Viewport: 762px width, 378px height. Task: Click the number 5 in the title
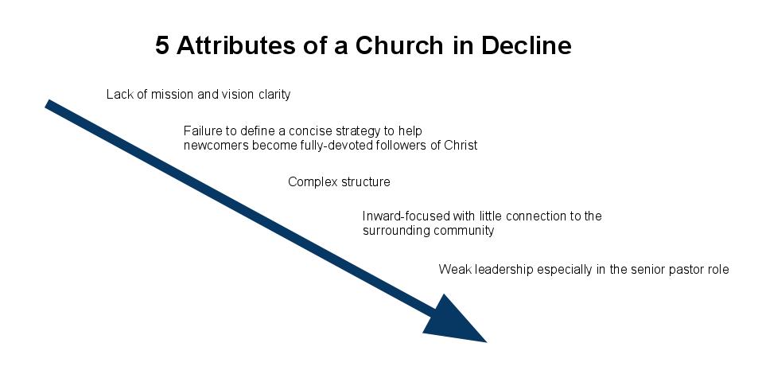[x=162, y=45]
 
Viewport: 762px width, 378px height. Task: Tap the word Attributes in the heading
[x=235, y=45]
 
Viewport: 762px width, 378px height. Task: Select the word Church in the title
[x=399, y=45]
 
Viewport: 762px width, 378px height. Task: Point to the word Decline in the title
[x=527, y=45]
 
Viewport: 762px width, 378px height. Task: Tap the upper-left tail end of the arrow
[x=47, y=104]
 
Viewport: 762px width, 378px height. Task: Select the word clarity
[x=274, y=95]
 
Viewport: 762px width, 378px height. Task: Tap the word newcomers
[x=216, y=146]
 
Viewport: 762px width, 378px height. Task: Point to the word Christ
[x=461, y=145]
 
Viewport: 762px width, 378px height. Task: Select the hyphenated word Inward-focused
[x=406, y=216]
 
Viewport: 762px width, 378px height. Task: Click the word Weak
[x=455, y=270]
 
